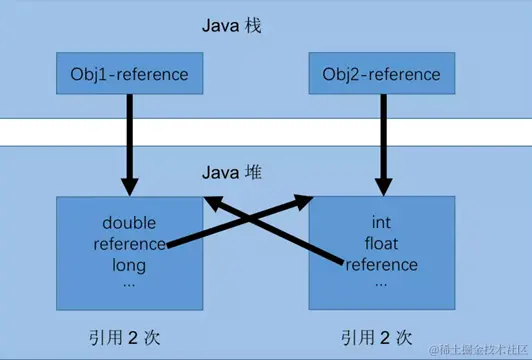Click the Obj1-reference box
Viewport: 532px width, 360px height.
(130, 74)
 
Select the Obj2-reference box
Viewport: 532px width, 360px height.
(381, 74)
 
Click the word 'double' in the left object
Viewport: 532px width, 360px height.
(130, 223)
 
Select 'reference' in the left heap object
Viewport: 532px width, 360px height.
(130, 244)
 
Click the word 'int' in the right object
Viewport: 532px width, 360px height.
(381, 223)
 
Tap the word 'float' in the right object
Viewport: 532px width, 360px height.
(381, 244)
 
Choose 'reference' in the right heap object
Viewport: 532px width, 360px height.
(381, 265)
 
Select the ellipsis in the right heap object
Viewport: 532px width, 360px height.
(381, 283)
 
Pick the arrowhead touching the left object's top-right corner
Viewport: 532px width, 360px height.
(213, 204)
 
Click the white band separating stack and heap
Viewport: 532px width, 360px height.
(266, 130)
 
